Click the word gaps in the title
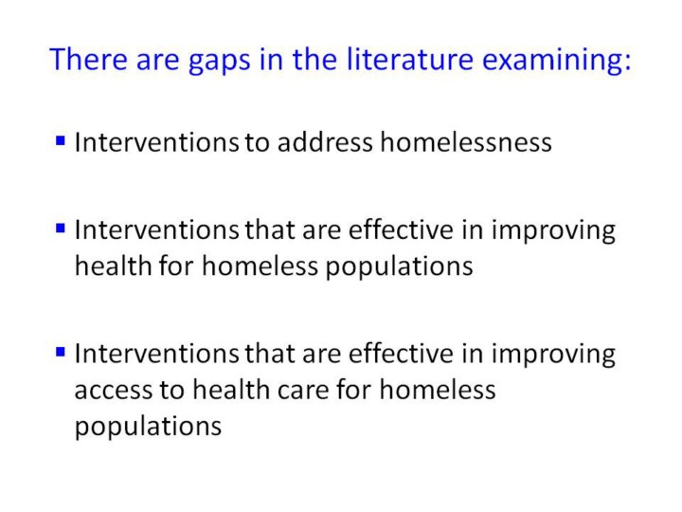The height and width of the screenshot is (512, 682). [x=219, y=62]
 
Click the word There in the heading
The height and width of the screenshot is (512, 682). [x=88, y=59]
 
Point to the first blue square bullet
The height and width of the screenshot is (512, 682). [x=61, y=140]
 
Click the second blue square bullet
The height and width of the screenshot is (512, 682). [x=61, y=229]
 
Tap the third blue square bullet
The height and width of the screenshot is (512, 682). [x=61, y=352]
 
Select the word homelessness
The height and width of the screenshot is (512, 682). [x=466, y=142]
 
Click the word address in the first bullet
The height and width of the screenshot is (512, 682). [x=325, y=142]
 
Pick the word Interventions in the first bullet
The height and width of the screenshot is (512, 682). [x=156, y=142]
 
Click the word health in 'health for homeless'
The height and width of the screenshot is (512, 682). [x=113, y=265]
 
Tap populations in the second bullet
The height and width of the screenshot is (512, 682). [x=399, y=267]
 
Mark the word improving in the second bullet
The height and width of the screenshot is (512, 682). [x=553, y=231]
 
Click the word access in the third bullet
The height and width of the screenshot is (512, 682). [x=112, y=390]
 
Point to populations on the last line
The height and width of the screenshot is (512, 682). [x=148, y=428]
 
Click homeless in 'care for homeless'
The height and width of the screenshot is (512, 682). [x=437, y=389]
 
